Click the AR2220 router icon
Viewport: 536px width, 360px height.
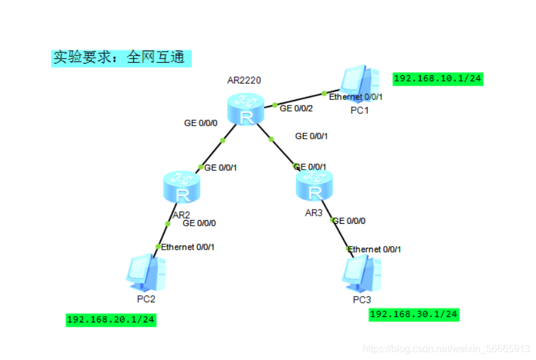(x=245, y=110)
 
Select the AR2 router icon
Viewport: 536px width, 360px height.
(x=183, y=187)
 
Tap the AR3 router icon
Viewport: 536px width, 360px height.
(x=315, y=184)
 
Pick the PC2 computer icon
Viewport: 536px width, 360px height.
(x=146, y=273)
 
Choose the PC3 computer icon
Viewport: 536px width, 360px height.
(x=362, y=274)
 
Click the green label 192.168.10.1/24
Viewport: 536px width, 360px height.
(x=437, y=78)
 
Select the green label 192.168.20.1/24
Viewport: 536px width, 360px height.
(x=111, y=320)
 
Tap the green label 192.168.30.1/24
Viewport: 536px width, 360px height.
(x=414, y=314)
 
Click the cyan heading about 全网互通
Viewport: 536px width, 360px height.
(x=122, y=58)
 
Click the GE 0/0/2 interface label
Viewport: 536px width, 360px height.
(x=296, y=108)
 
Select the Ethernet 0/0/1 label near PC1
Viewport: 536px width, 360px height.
(x=356, y=97)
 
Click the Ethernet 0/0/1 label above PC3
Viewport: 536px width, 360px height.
(x=374, y=249)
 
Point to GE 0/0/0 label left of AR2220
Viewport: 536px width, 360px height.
(x=200, y=123)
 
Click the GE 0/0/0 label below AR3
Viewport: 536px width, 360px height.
(x=349, y=221)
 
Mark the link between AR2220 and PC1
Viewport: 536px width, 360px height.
(x=299, y=99)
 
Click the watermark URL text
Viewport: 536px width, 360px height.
(x=447, y=349)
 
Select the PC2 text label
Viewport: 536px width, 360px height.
(x=146, y=299)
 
